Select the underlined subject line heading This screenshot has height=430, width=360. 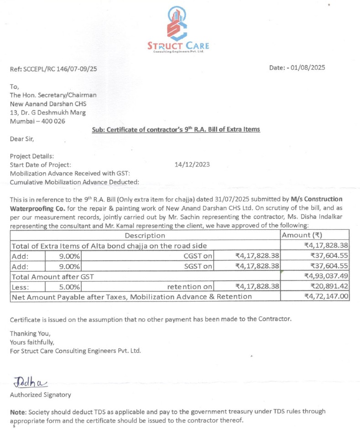pyautogui.click(x=176, y=130)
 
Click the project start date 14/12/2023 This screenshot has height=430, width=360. pyautogui.click(x=192, y=165)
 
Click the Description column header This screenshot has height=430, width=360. pyautogui.click(x=145, y=236)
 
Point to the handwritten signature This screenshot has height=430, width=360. pyautogui.click(x=31, y=381)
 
